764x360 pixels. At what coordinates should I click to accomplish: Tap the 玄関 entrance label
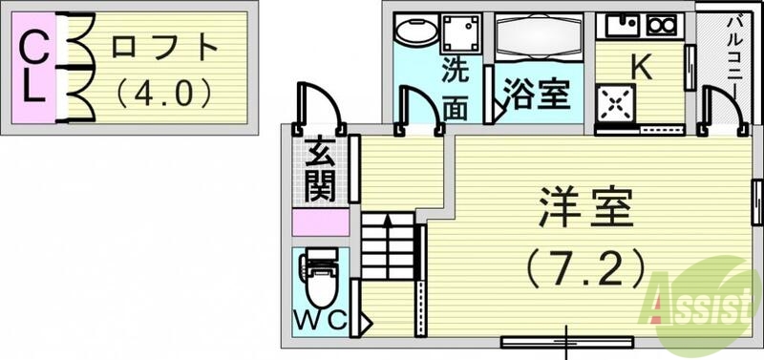tap(320, 173)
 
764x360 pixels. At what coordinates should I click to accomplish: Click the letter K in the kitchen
tap(642, 68)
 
